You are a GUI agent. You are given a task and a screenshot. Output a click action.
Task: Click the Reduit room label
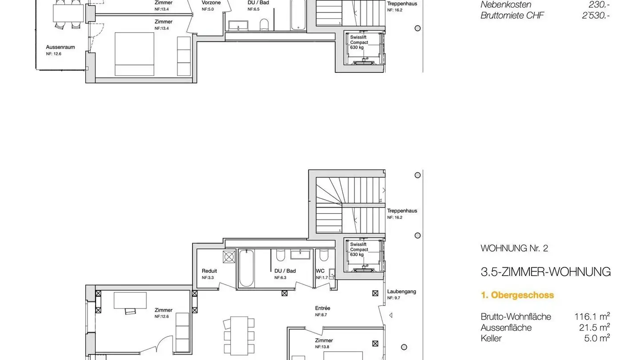pos(209,271)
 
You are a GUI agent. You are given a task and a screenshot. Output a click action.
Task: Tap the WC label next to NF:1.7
pos(320,271)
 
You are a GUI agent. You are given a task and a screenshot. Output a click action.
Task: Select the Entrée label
pos(323,308)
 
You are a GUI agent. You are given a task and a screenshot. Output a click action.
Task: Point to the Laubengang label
pos(401,292)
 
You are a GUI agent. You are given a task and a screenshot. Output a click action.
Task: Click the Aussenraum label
pos(60,47)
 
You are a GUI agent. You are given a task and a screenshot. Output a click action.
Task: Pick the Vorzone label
pos(211,3)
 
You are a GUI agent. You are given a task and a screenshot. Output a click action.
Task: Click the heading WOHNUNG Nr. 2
pos(514,248)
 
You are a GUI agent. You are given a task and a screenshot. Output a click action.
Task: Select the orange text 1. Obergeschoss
pos(517,295)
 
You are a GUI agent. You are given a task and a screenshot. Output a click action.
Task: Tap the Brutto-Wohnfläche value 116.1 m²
pos(592,316)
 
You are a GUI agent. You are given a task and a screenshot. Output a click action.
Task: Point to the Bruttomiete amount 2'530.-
pos(596,15)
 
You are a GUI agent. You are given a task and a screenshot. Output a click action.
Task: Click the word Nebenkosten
pos(506,4)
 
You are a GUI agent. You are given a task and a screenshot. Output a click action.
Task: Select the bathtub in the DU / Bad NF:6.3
pos(246,268)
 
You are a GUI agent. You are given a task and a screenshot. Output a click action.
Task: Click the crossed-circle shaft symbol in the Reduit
pos(229,257)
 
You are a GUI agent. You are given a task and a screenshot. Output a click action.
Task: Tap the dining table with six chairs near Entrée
pos(239,336)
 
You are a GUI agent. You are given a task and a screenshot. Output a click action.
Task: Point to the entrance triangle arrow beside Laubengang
pos(391,315)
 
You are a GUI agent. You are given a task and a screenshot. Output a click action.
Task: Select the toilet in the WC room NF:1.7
pos(324,255)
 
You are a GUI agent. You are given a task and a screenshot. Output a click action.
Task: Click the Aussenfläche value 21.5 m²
pos(595,327)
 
